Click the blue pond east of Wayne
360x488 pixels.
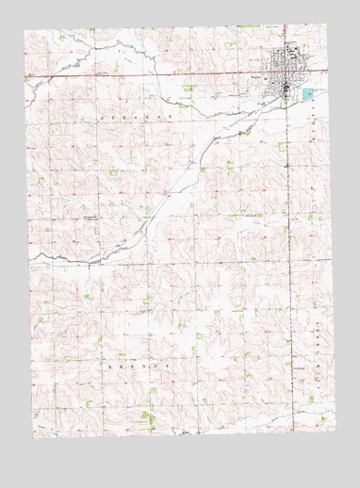(307, 94)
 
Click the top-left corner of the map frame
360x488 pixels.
(25, 29)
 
